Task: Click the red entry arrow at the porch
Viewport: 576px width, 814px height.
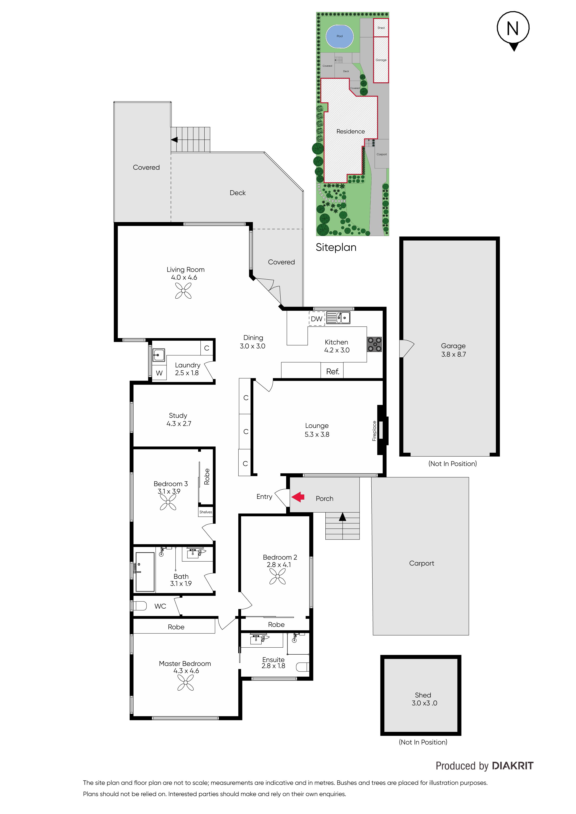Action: click(298, 497)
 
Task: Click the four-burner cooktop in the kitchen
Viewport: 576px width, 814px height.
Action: click(374, 344)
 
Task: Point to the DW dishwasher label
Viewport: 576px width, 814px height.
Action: click(317, 319)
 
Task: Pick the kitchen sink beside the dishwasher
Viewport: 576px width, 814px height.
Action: click(338, 318)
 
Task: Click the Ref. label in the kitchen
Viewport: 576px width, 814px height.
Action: click(333, 371)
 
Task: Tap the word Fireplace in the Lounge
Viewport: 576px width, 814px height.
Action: click(374, 431)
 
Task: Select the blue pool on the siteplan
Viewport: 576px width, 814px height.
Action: click(340, 36)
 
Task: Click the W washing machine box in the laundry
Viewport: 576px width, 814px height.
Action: click(159, 373)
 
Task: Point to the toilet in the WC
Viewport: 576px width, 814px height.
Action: click(139, 606)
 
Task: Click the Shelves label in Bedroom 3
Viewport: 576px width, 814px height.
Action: click(206, 512)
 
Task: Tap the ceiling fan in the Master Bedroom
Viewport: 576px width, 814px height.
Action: click(186, 683)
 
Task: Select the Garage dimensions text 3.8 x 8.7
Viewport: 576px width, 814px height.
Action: click(454, 354)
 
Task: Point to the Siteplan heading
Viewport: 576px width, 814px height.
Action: click(336, 247)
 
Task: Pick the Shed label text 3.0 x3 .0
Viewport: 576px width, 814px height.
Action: click(425, 703)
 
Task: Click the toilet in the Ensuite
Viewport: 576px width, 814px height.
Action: click(303, 667)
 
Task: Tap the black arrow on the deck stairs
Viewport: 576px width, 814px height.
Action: click(174, 140)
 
